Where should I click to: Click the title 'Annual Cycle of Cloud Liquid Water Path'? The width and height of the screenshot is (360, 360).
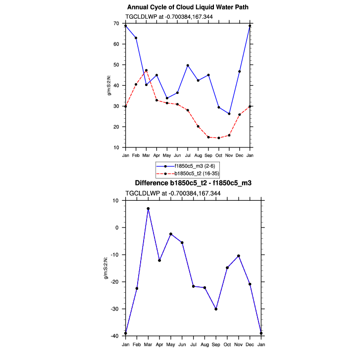[188, 7]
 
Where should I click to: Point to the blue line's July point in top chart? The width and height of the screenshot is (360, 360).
[188, 65]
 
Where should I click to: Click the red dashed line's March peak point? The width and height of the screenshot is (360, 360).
[146, 70]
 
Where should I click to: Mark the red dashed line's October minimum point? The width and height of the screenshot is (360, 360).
[219, 138]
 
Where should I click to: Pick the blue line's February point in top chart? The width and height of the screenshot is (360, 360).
[136, 38]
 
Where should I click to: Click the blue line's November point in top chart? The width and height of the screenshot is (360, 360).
[229, 114]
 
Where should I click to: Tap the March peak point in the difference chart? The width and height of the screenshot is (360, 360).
[148, 209]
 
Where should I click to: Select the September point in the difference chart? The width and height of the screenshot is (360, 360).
[216, 309]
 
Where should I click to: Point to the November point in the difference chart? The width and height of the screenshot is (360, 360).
[239, 256]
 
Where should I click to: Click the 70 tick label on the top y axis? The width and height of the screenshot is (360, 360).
[116, 24]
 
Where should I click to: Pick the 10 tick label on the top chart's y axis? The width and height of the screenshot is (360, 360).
[116, 148]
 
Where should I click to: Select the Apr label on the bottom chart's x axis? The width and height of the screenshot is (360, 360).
[159, 344]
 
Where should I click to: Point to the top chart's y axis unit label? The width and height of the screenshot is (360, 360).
[110, 86]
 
